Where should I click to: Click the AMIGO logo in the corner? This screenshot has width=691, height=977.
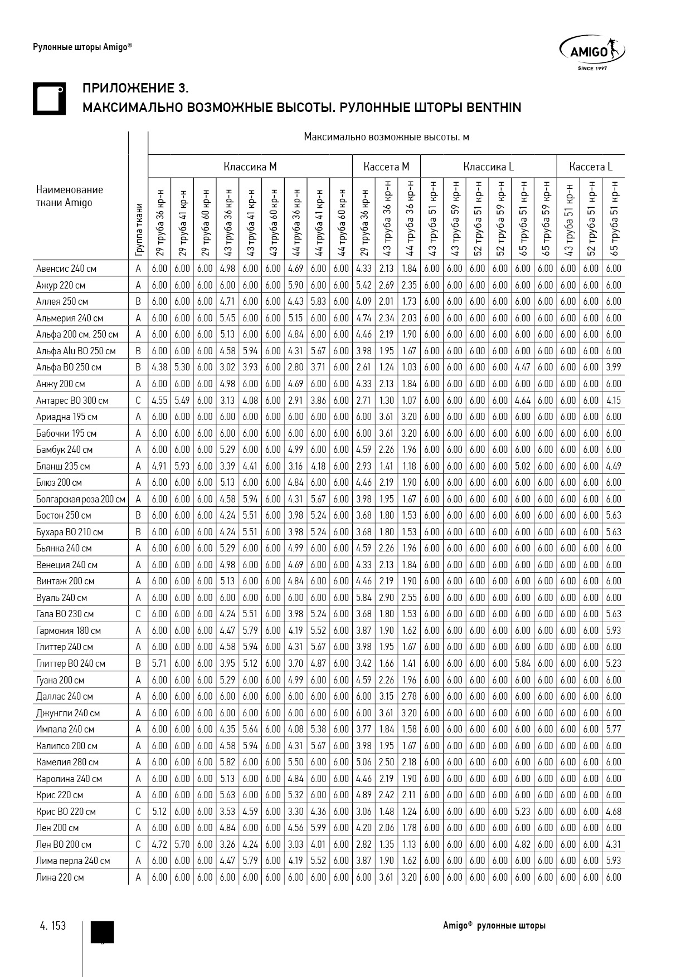pos(592,52)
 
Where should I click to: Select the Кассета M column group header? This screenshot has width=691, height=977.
pos(386,167)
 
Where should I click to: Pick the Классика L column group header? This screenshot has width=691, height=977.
pos(488,167)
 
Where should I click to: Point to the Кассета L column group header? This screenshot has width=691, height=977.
pos(591,167)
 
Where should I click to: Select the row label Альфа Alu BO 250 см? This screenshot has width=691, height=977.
pos(76,351)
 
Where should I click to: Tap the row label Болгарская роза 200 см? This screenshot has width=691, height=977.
pos(80,499)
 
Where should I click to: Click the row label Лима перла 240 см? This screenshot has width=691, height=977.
pos(73,861)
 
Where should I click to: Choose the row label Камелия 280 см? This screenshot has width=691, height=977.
pos(67,762)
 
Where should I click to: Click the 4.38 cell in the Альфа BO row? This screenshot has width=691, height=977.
pos(159,367)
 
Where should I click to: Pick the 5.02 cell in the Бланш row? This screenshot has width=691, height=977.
pos(523,466)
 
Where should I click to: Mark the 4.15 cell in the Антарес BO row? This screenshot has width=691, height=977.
pos(614,400)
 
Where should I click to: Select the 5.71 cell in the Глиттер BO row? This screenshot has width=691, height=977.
pos(159,663)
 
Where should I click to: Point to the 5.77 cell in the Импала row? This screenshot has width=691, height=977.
pos(614,729)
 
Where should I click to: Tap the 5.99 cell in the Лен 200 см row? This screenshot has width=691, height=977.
pos(318,828)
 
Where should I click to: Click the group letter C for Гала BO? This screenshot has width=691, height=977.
pos(138,614)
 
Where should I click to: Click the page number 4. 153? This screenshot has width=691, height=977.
pos(53,926)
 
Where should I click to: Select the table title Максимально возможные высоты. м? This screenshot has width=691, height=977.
pos(386,137)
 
